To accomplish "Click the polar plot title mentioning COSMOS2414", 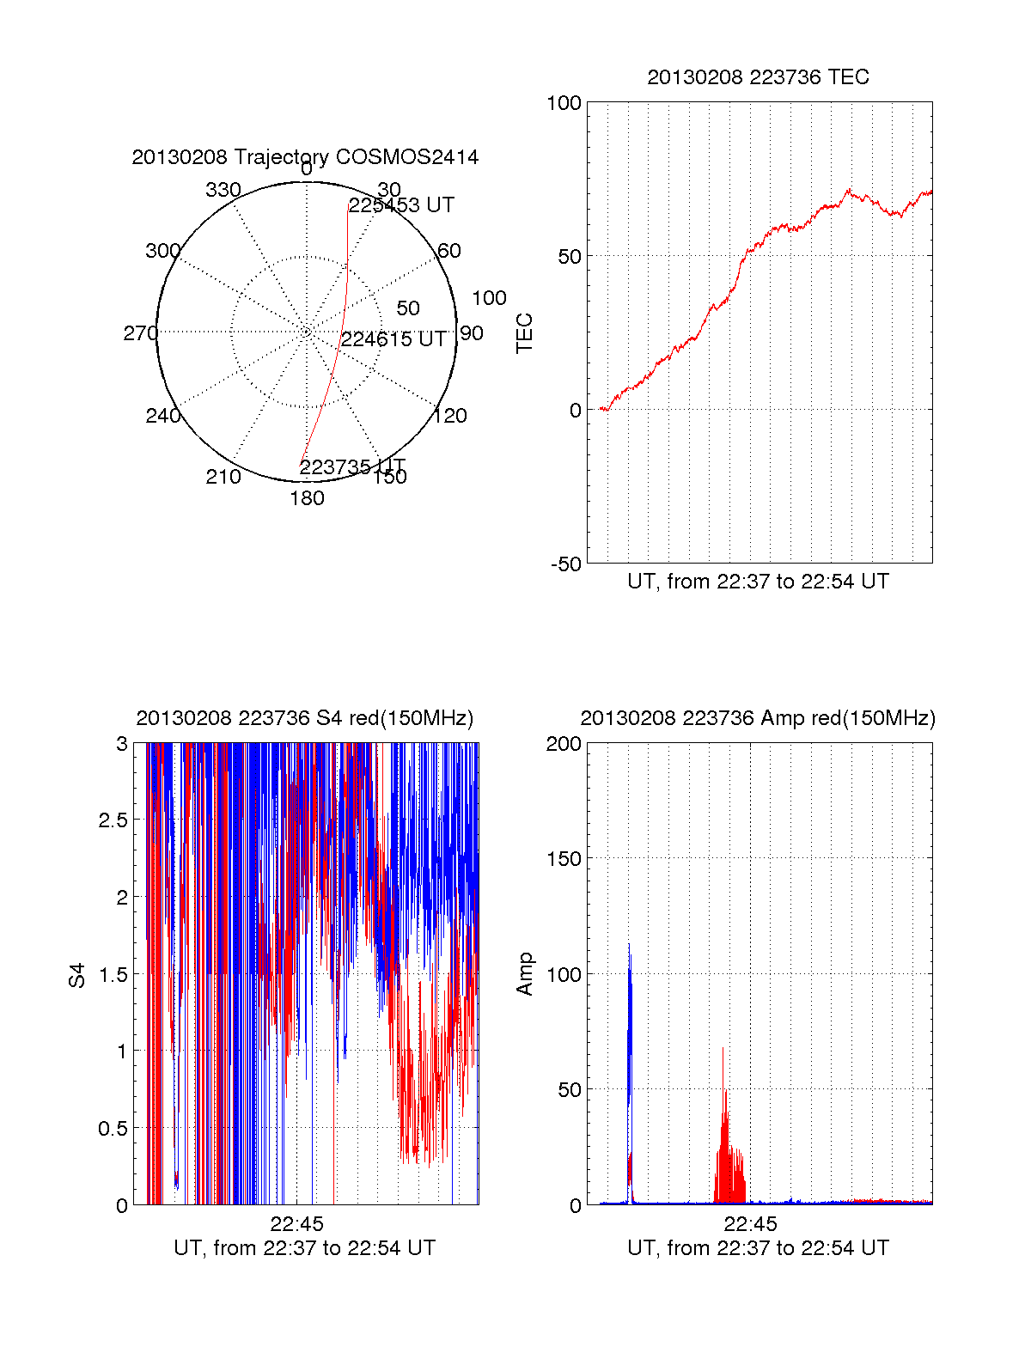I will pyautogui.click(x=305, y=157).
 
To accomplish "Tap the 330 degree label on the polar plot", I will pyautogui.click(x=223, y=190).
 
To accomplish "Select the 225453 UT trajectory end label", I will pyautogui.click(x=401, y=205).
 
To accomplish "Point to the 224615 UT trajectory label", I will pyautogui.click(x=393, y=339).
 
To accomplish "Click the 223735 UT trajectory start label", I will pyautogui.click(x=352, y=466).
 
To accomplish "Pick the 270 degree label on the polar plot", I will pyautogui.click(x=140, y=333).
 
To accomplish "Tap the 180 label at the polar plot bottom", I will pyautogui.click(x=307, y=498).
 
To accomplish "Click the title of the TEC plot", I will pyautogui.click(x=758, y=77).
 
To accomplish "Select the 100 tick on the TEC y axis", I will pyautogui.click(x=564, y=103).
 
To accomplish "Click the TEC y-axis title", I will pyautogui.click(x=524, y=333).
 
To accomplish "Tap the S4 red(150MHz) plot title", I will pyautogui.click(x=305, y=718).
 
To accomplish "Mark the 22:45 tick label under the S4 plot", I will pyautogui.click(x=296, y=1224).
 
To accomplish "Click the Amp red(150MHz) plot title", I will pyautogui.click(x=758, y=718).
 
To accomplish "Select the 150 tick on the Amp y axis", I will pyautogui.click(x=564, y=859).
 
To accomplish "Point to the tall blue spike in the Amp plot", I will pyautogui.click(x=629, y=971).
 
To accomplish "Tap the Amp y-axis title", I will pyautogui.click(x=524, y=974).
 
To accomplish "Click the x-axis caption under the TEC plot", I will pyautogui.click(x=758, y=582).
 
